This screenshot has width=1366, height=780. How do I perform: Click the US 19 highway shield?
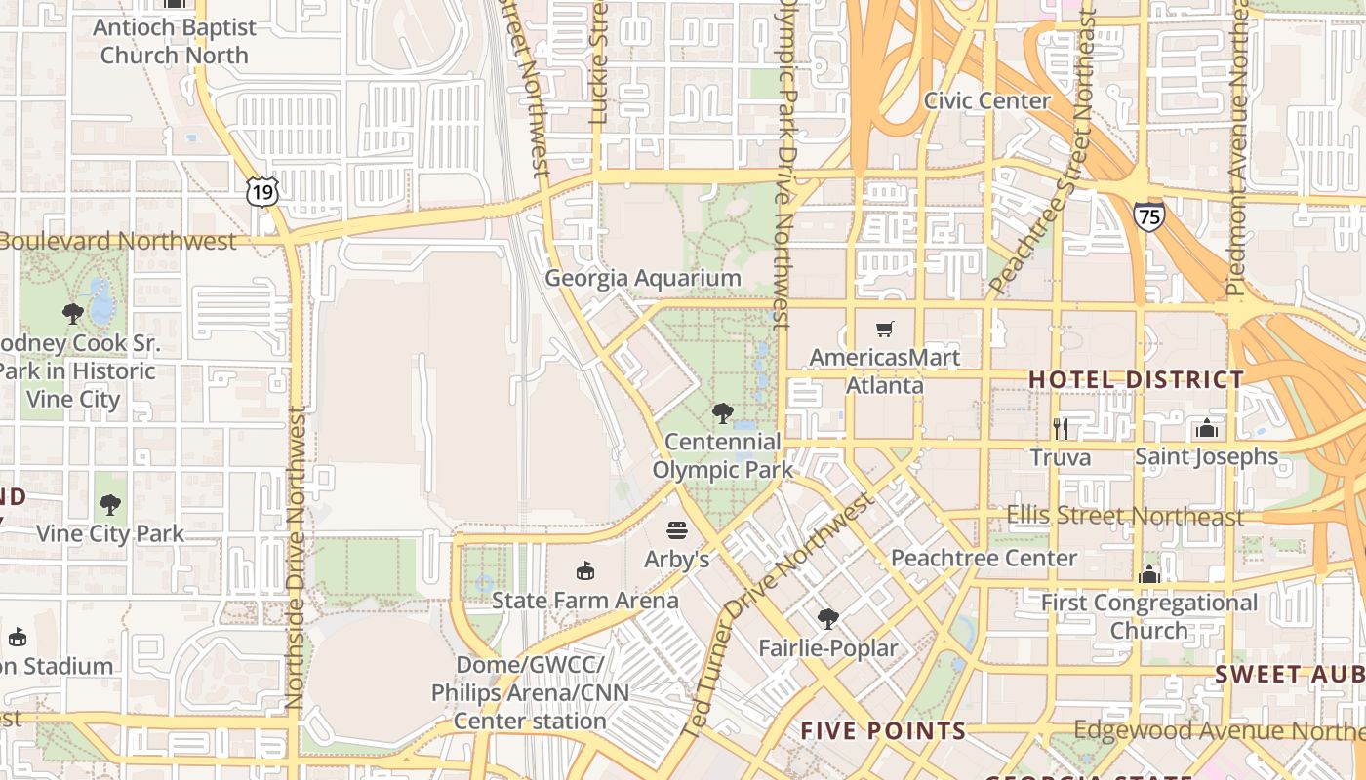[x=261, y=192]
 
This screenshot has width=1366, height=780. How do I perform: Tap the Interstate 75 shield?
[x=1149, y=216]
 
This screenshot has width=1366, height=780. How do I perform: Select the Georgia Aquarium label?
[x=643, y=279]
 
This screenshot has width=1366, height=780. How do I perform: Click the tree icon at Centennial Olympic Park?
[x=722, y=413]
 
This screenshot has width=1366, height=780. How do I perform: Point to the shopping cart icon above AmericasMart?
[x=885, y=329]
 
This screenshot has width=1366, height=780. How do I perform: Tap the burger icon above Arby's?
[x=677, y=530]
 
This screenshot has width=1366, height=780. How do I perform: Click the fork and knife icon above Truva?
[x=1061, y=428]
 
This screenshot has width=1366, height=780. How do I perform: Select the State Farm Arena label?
[x=584, y=600]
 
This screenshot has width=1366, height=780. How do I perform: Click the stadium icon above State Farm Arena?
[x=584, y=570]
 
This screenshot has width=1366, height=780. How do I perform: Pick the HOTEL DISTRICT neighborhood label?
[x=1137, y=379]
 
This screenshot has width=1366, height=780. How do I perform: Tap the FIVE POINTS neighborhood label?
[x=883, y=730]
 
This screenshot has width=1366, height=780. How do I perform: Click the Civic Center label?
[x=987, y=100]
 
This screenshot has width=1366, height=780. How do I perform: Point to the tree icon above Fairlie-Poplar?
[x=827, y=618]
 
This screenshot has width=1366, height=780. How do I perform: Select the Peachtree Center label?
[x=984, y=559]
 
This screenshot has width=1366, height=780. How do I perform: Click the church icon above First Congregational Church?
[x=1149, y=573]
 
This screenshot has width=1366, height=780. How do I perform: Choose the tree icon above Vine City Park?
[x=109, y=505]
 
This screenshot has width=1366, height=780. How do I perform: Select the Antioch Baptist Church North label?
[x=175, y=41]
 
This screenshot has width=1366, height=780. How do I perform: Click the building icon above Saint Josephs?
[x=1207, y=428]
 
